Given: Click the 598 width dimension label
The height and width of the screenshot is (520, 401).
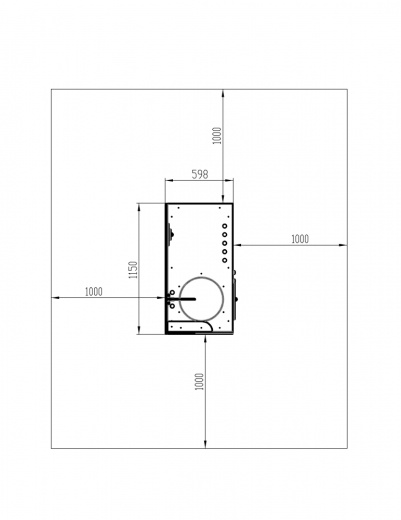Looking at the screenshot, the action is [200, 174].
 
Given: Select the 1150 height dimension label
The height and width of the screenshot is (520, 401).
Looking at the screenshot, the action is [133, 270].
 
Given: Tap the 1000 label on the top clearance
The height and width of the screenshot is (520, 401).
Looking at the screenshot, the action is [217, 135].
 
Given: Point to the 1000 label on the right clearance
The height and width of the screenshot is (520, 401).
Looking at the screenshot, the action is [300, 239].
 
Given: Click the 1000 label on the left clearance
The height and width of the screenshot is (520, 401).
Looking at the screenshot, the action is [94, 292].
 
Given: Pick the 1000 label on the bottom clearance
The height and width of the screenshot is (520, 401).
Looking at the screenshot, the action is [199, 382].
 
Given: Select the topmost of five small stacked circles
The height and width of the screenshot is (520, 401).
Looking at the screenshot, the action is [225, 226].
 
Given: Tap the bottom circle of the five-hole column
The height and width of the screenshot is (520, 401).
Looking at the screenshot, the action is [225, 260].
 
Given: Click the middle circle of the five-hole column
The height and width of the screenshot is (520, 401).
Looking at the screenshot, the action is [225, 243].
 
